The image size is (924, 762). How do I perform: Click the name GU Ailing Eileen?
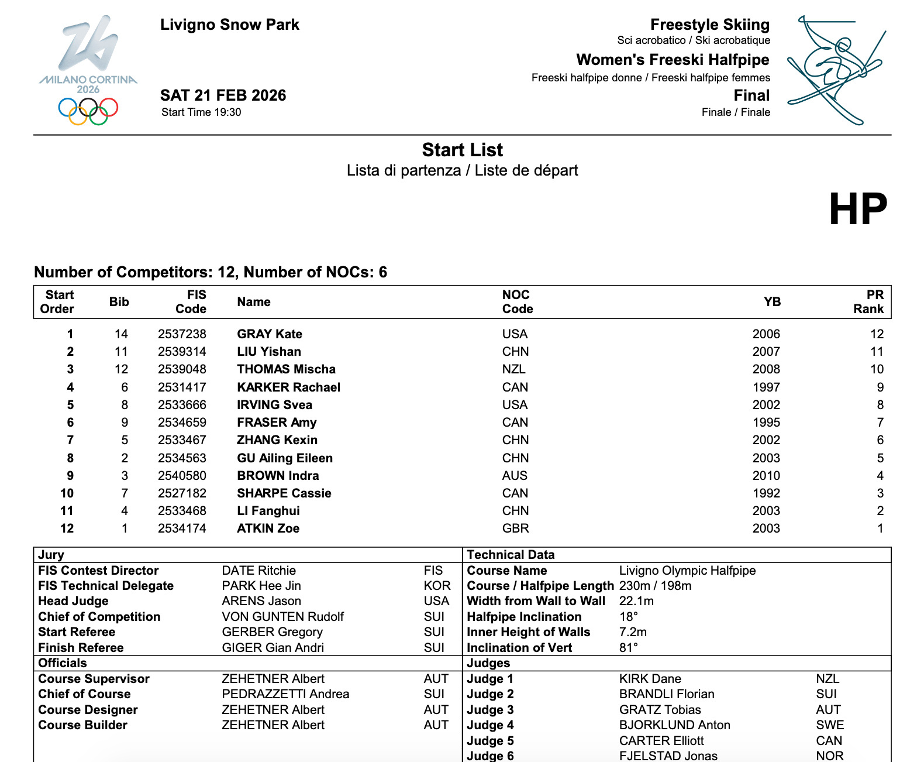pyautogui.click(x=284, y=458)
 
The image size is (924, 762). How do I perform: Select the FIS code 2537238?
pyautogui.click(x=182, y=334)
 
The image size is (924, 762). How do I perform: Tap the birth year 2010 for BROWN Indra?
pyautogui.click(x=766, y=475)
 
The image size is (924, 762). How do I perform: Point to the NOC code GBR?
pyautogui.click(x=515, y=528)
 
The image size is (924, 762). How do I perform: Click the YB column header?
pyautogui.click(x=772, y=301)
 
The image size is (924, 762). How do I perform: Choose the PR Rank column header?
pyautogui.click(x=868, y=301)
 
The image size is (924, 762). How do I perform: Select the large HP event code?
pyautogui.click(x=858, y=209)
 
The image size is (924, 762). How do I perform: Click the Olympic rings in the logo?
pyautogui.click(x=88, y=111)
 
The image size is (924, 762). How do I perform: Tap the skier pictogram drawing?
pyautogui.click(x=835, y=70)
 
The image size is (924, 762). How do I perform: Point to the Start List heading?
pyautogui.click(x=462, y=150)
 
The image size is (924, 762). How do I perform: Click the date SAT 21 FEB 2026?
pyautogui.click(x=223, y=95)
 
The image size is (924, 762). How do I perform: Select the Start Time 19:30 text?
pyautogui.click(x=201, y=112)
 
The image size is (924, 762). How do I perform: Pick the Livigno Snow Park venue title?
pyautogui.click(x=229, y=25)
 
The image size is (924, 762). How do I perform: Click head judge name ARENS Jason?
pyautogui.click(x=261, y=601)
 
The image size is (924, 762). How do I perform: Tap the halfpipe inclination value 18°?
pyautogui.click(x=629, y=617)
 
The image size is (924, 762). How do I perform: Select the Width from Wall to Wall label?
pyautogui.click(x=536, y=601)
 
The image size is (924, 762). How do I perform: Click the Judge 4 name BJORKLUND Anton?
pyautogui.click(x=674, y=725)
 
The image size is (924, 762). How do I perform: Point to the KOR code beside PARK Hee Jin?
pyautogui.click(x=437, y=586)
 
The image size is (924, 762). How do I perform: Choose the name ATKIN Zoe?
pyautogui.click(x=268, y=528)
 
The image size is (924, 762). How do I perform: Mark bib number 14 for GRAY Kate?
pyautogui.click(x=121, y=334)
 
